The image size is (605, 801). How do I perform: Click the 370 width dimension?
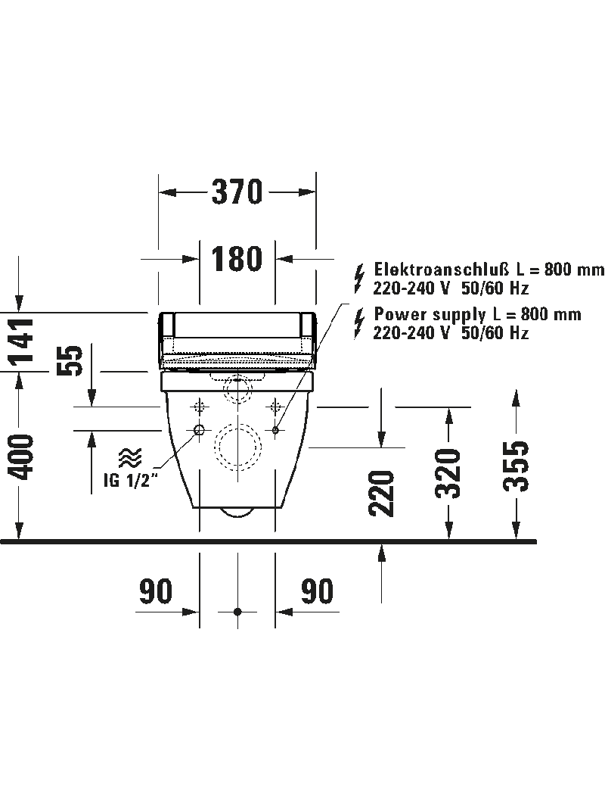point(237,192)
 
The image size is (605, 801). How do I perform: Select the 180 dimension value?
point(237,259)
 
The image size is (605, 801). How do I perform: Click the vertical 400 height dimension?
point(23,457)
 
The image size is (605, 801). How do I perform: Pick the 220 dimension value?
point(383,493)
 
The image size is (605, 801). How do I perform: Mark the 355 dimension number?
point(517,465)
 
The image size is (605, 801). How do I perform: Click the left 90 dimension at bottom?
point(156,592)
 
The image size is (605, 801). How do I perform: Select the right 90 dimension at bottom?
point(318,592)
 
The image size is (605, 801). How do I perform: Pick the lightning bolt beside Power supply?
point(359,322)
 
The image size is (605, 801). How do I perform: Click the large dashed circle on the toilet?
point(237,447)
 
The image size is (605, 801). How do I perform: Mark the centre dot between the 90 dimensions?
point(237,611)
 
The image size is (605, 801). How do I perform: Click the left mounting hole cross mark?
point(200,406)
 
